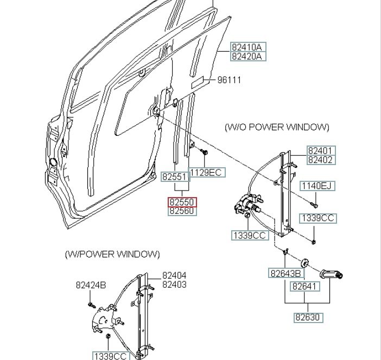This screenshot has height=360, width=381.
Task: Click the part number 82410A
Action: pos(248,47)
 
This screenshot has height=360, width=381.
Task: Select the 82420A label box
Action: pos(248,56)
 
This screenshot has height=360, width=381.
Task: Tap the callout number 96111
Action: pos(229,80)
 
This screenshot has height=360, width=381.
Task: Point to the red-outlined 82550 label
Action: pos(182,202)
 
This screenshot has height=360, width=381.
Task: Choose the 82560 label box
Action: pos(182,211)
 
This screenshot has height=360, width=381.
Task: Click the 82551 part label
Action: pos(175,176)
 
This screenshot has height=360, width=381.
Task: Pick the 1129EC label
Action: pos(207,172)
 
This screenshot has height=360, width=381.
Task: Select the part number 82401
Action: pos(321,151)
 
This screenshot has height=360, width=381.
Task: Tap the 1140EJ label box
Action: pos(317,186)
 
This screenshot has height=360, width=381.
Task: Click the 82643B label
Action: pos(286,274)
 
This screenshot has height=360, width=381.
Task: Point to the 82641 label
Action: pos(304,286)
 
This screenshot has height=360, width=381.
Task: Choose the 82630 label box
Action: pos(308,318)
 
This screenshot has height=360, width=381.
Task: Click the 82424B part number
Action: pos(91,285)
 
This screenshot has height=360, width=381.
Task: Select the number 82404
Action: pos(174,275)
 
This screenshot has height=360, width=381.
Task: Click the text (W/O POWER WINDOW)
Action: pos(277,127)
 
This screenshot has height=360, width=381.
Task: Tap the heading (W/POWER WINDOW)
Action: pos(112,254)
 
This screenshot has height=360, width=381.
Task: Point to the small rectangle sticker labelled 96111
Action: pos(198,83)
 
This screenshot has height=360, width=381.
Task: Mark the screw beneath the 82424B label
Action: pos(91,304)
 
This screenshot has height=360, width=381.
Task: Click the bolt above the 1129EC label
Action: pos(204,151)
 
